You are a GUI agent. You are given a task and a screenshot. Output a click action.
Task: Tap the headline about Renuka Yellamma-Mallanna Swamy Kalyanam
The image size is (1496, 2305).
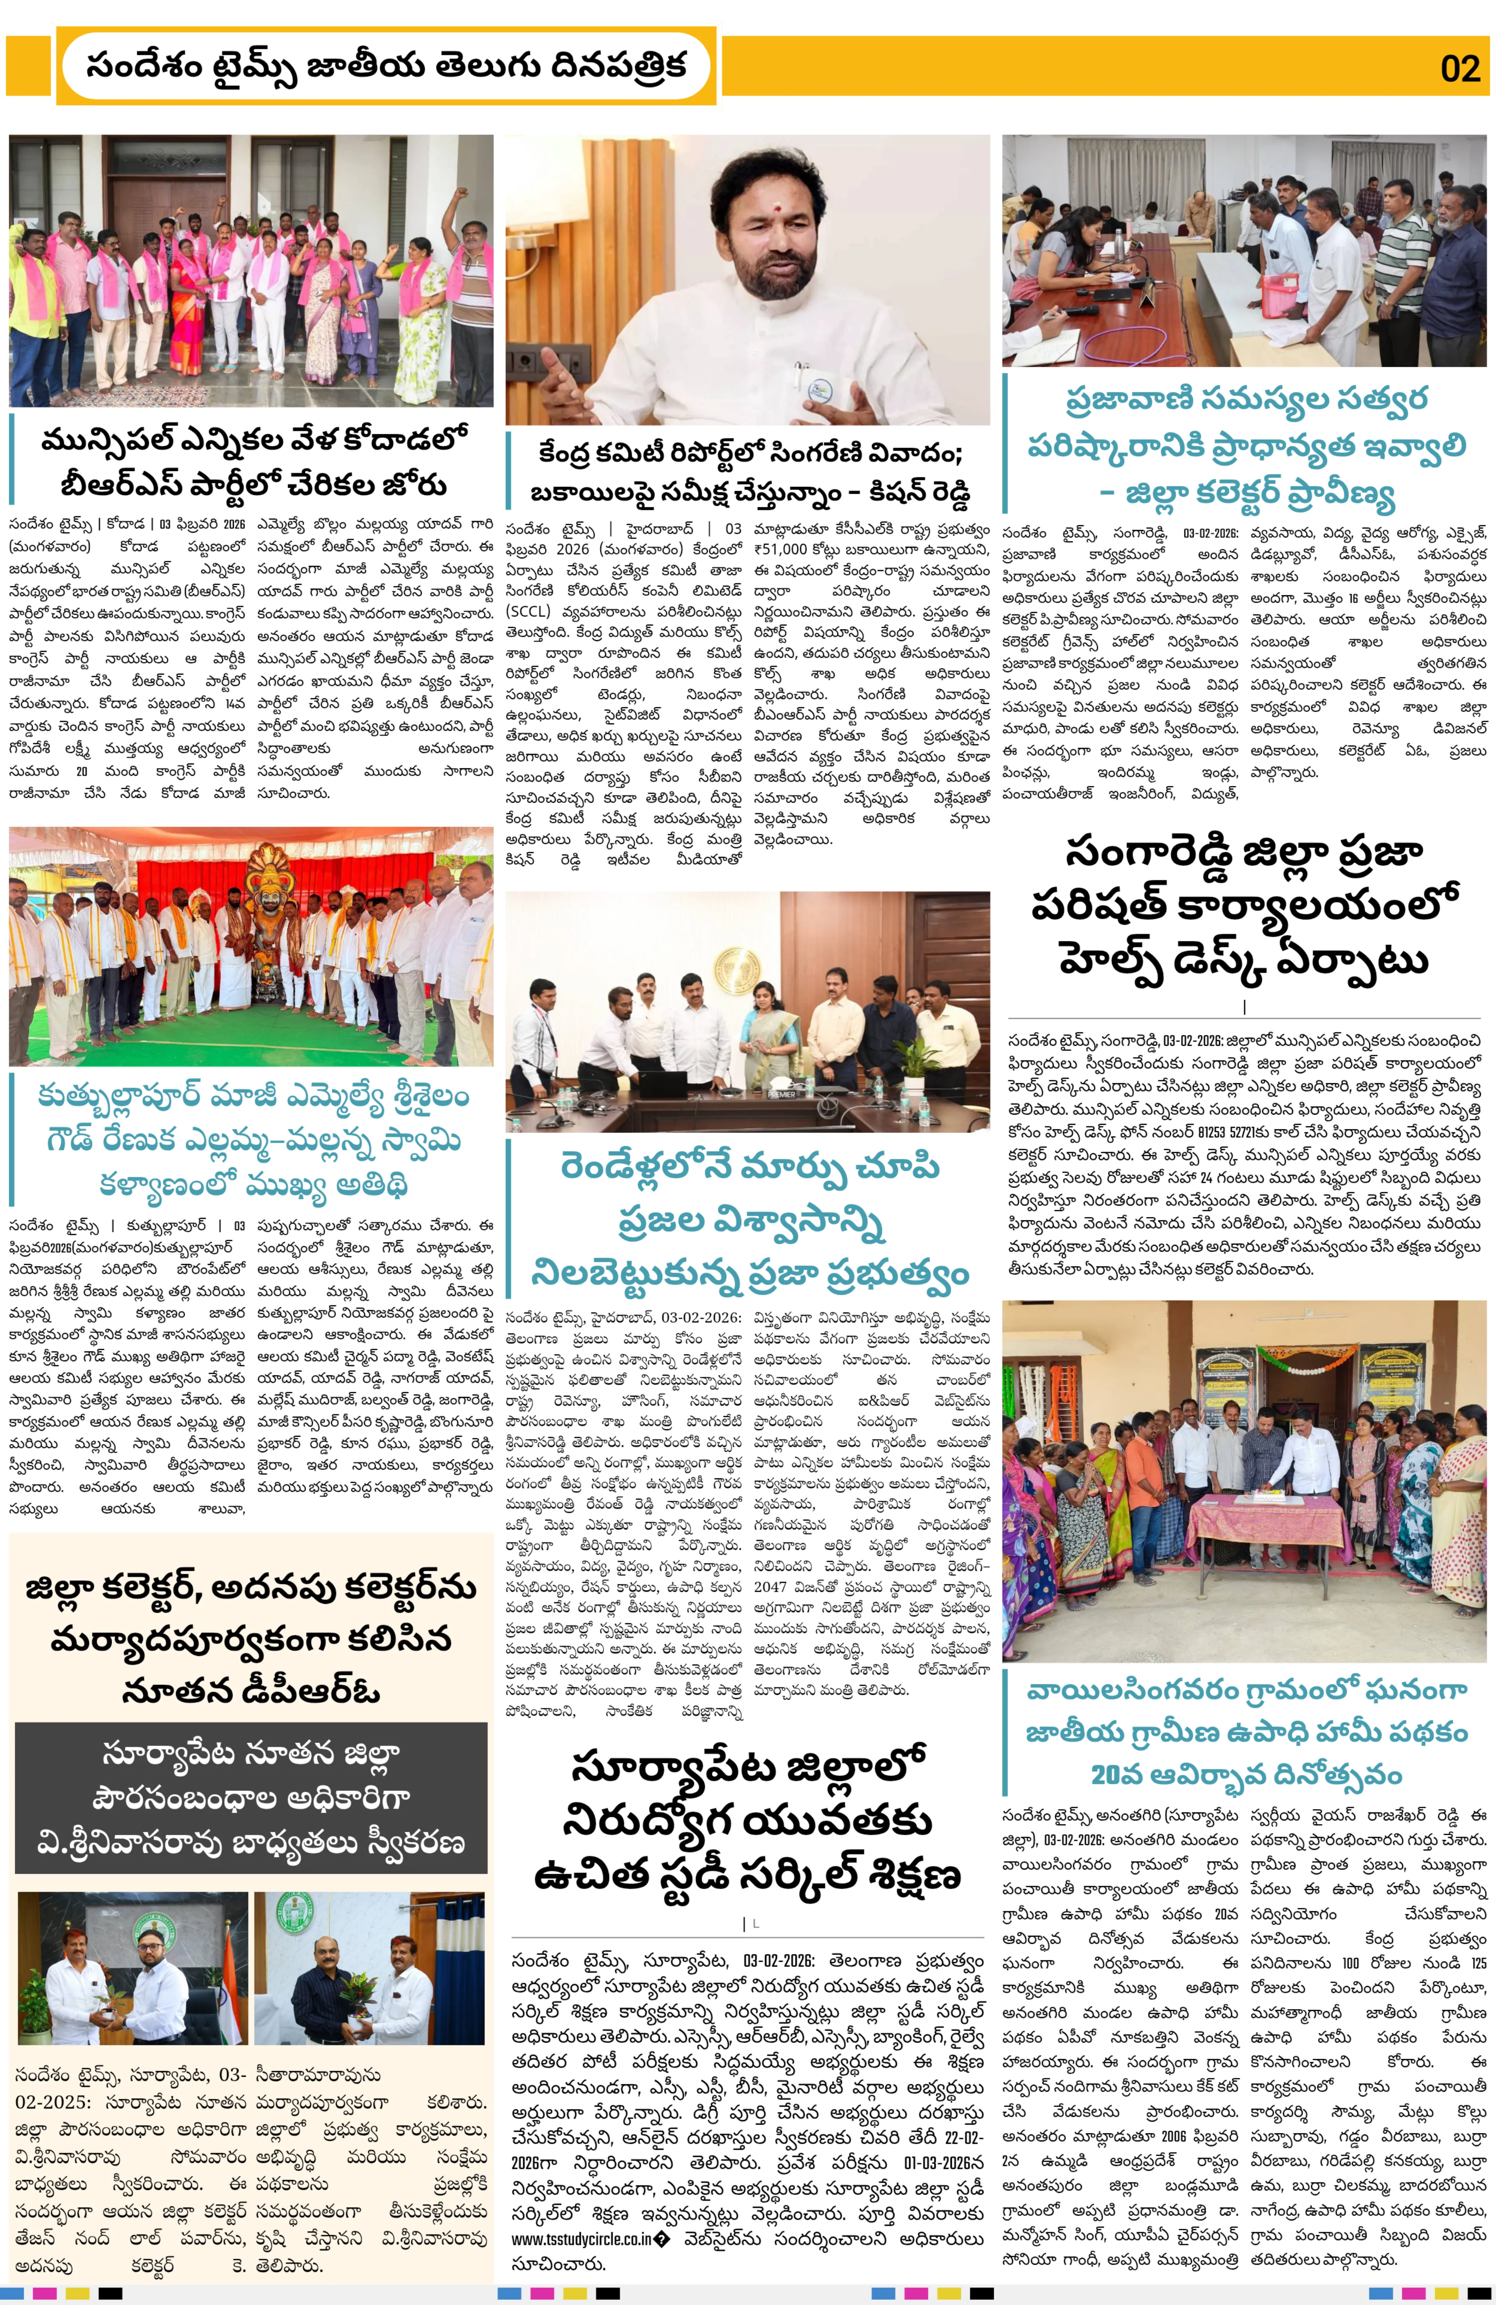(x=252, y=1140)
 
